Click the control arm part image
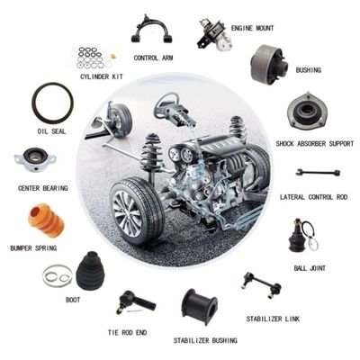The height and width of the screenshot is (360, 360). coord(151,31)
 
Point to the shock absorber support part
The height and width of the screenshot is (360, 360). coord(306,112)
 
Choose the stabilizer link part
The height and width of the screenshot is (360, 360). coord(261,287)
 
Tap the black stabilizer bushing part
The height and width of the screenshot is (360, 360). coord(199,306)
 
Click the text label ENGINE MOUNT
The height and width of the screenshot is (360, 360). coord(252,28)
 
